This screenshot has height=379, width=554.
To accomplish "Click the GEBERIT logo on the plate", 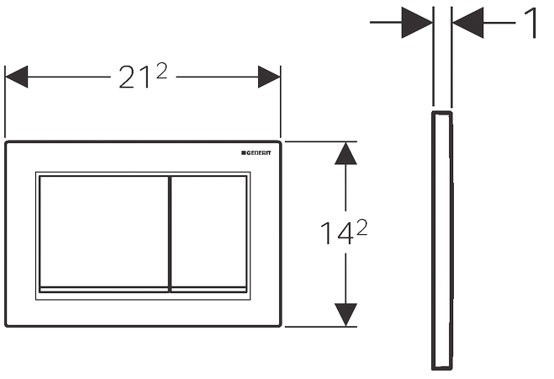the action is click(x=256, y=153).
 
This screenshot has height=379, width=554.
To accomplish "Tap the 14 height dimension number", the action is click(x=336, y=233).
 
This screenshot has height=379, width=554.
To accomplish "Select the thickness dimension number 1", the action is click(x=532, y=23).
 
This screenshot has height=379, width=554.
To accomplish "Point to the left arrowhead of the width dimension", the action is click(x=16, y=77).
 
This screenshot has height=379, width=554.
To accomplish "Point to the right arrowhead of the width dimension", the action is click(x=269, y=77).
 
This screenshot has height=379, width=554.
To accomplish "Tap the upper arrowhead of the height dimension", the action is click(x=346, y=153).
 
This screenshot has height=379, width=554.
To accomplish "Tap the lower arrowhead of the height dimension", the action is click(x=346, y=315).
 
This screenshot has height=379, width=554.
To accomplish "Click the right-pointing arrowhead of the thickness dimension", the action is click(x=417, y=22).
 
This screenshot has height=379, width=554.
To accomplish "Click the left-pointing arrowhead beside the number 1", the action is click(x=467, y=23).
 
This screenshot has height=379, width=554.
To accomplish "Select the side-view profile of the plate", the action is click(x=442, y=241).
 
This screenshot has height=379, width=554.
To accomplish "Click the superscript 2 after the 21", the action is click(x=161, y=71).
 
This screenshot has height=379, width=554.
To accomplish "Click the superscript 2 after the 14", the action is click(x=361, y=227).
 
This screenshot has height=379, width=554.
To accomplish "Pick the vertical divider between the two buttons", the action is click(x=170, y=234).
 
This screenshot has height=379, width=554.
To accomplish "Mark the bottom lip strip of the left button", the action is click(x=104, y=290).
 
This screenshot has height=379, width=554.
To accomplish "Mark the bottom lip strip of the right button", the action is click(x=208, y=290).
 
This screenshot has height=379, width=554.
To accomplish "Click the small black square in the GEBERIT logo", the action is click(x=244, y=153).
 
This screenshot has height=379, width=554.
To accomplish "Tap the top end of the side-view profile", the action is click(x=442, y=113).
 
